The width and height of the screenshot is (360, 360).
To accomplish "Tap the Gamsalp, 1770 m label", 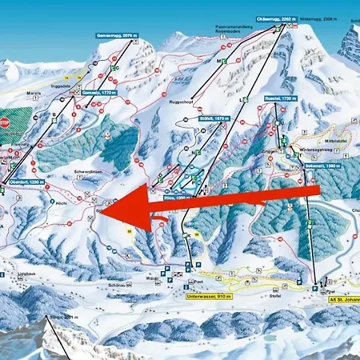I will [98, 92].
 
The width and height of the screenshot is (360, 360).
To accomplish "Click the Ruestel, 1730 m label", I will [280, 98].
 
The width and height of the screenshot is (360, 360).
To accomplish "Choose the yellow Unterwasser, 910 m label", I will [208, 296].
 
